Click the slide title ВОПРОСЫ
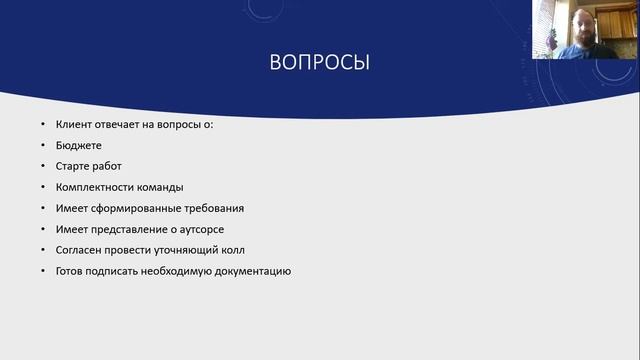click(x=320, y=63)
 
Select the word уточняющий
click(x=184, y=250)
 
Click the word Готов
click(x=72, y=271)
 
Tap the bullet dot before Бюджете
click(x=43, y=146)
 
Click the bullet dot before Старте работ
click(x=43, y=167)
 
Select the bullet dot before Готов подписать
click(x=43, y=271)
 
